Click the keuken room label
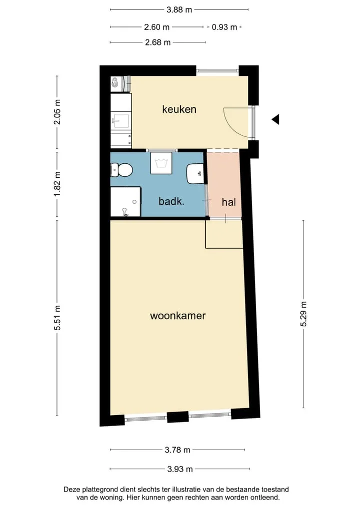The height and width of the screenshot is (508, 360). click(x=179, y=109)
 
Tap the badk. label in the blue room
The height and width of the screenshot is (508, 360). click(x=171, y=201)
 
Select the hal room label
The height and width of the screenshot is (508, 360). click(x=228, y=202)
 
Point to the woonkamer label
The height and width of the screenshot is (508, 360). click(x=177, y=316)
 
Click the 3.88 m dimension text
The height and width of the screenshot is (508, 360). click(x=179, y=9)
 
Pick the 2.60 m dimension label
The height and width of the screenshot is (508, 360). click(x=156, y=27)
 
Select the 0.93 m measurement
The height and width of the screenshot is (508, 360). click(x=224, y=27)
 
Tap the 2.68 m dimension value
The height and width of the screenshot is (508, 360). click(x=157, y=42)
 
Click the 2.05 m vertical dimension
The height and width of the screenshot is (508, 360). click(x=57, y=112)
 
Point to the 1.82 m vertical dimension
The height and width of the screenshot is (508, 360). click(x=57, y=184)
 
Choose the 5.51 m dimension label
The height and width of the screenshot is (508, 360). click(x=57, y=318)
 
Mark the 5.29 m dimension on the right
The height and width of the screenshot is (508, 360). click(x=303, y=314)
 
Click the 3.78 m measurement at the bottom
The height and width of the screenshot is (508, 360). click(x=177, y=450)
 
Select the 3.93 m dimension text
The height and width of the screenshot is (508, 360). click(x=180, y=469)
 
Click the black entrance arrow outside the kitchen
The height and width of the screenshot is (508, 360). click(x=276, y=119)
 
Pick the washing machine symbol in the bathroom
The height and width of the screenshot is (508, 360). click(x=161, y=163)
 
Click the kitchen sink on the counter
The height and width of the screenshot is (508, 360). click(x=120, y=121)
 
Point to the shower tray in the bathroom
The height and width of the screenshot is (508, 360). click(x=125, y=201)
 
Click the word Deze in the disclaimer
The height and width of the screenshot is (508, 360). click(x=71, y=489)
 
